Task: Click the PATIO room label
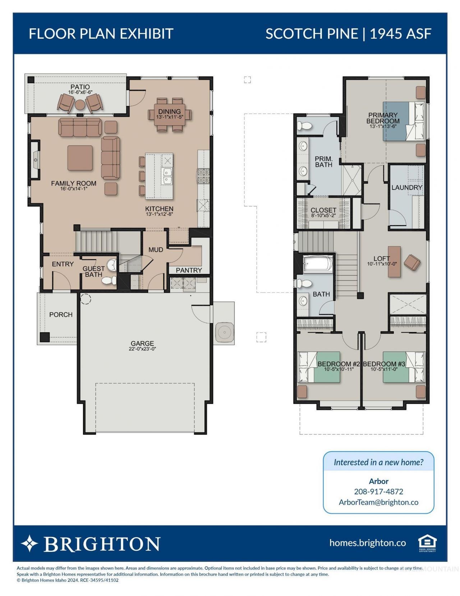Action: click(80, 87)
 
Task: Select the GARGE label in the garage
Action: click(142, 343)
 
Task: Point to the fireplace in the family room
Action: click(35, 160)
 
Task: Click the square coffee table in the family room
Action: click(80, 158)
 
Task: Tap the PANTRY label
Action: click(189, 270)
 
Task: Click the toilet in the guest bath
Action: click(109, 280)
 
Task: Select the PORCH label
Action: click(61, 315)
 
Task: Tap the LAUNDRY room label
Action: click(406, 188)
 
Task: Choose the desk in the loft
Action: click(394, 261)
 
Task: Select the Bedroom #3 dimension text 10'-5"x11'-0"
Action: click(384, 369)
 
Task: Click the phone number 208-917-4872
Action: click(378, 491)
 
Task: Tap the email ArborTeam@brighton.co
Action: click(378, 502)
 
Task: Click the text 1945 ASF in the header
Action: click(401, 34)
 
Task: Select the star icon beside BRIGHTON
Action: click(29, 543)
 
